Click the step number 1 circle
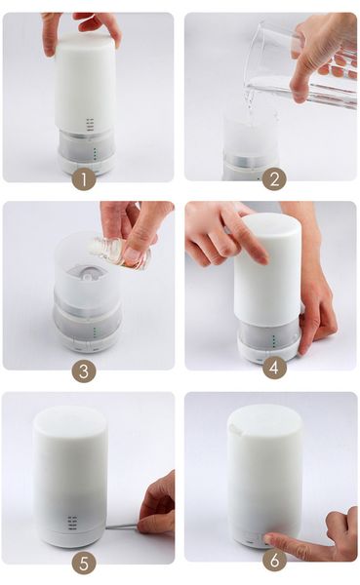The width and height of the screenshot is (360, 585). tap(84, 178)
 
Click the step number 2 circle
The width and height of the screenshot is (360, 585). tap(274, 178)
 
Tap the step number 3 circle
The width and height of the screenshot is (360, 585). tap(84, 370)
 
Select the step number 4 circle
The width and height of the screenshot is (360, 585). tap(274, 369)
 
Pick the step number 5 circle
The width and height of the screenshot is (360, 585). tap(84, 562)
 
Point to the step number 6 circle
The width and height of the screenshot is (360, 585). tap(274, 562)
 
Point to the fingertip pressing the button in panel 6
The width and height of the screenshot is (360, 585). tap(269, 538)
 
